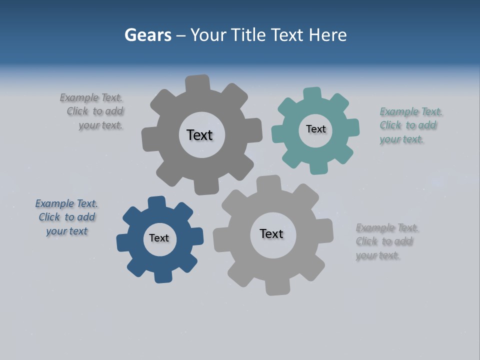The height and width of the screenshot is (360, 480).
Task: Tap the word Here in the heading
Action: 327,35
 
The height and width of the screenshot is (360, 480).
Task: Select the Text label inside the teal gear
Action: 315,129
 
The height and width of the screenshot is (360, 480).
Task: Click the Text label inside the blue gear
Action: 159,238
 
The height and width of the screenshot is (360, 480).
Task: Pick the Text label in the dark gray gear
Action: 199,135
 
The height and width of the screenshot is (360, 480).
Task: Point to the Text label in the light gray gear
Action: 271,233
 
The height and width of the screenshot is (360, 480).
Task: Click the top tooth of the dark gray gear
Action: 197,83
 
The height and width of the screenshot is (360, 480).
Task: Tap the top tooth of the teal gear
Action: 312,93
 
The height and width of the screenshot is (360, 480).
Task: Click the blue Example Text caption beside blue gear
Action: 66,217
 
